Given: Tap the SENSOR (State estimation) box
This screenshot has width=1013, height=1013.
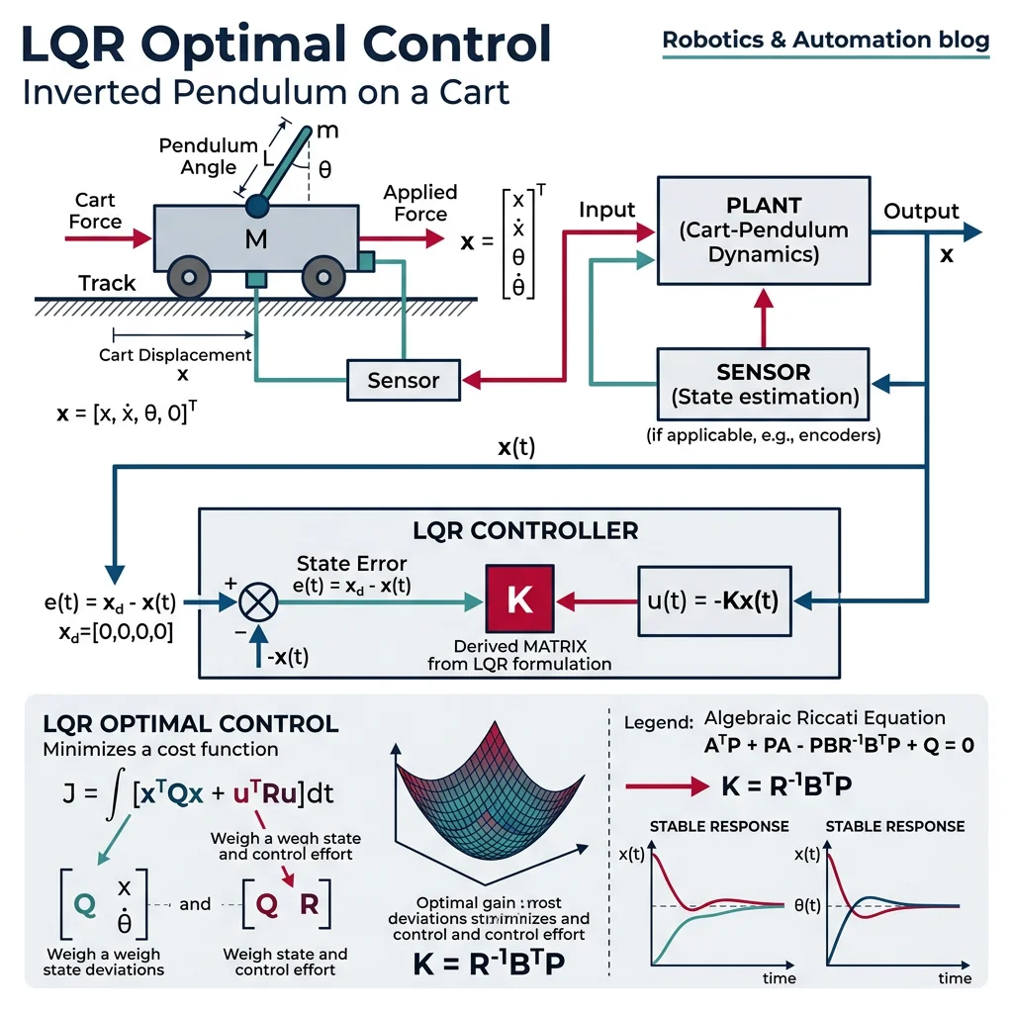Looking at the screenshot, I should coord(763,385).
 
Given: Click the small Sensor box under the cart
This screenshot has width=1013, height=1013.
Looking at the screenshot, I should coord(404,380).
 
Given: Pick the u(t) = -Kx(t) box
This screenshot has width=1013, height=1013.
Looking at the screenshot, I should coord(714,600).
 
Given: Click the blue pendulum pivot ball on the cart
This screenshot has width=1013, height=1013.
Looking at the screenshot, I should coord(258,205).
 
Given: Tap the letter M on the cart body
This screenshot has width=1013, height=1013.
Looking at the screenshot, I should coord(255,238).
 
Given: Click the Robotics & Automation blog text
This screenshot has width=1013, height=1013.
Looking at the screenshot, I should coord(825,41).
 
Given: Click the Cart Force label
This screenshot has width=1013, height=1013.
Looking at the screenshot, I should coord(96,211).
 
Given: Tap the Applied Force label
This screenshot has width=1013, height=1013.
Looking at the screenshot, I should coord(420,203).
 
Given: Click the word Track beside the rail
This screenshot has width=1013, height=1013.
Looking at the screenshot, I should coord(107,283).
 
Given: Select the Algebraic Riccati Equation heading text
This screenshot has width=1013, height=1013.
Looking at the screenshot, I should coord(824,718).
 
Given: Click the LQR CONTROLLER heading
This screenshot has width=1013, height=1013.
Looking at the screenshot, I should coord(525,531).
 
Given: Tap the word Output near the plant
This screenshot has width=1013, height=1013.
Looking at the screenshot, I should coord(921,212).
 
